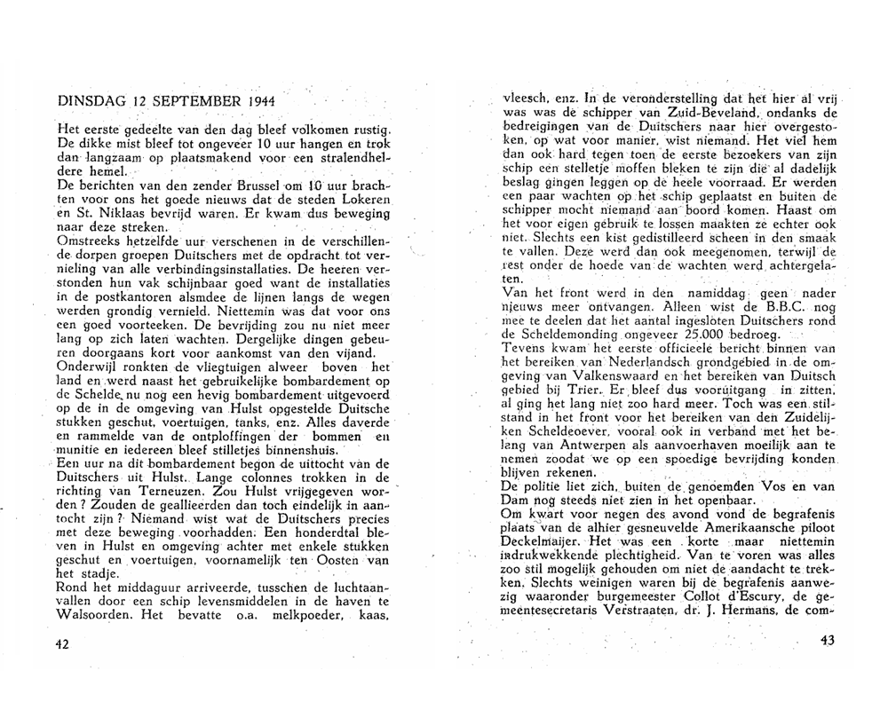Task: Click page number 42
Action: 62,644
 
